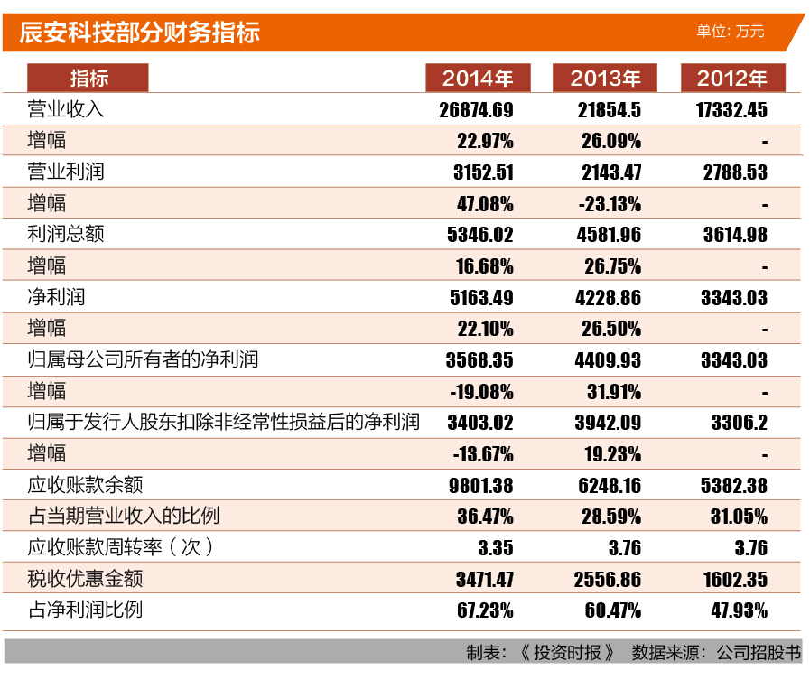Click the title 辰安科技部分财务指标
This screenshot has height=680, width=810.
(x=140, y=33)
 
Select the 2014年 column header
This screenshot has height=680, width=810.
(x=478, y=79)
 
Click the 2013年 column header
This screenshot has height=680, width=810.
(x=605, y=79)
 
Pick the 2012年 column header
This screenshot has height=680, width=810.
(x=732, y=79)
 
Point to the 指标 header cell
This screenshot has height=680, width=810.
(x=88, y=79)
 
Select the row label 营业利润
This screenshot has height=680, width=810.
(x=66, y=172)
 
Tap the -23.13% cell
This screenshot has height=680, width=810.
(x=610, y=203)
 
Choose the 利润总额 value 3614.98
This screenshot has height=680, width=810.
(x=734, y=235)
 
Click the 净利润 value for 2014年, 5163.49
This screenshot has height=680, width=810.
(x=479, y=297)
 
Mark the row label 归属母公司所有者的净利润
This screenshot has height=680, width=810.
(x=143, y=359)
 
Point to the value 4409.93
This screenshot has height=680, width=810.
(x=608, y=360)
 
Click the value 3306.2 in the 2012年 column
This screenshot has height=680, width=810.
(x=739, y=423)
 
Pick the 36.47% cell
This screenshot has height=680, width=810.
(x=485, y=517)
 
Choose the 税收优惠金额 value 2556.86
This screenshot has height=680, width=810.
(x=608, y=579)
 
